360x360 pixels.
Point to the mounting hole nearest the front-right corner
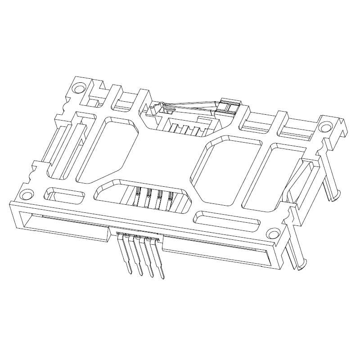[273, 234]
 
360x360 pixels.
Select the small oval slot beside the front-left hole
[65, 196]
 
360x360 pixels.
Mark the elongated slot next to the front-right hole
[226, 220]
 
